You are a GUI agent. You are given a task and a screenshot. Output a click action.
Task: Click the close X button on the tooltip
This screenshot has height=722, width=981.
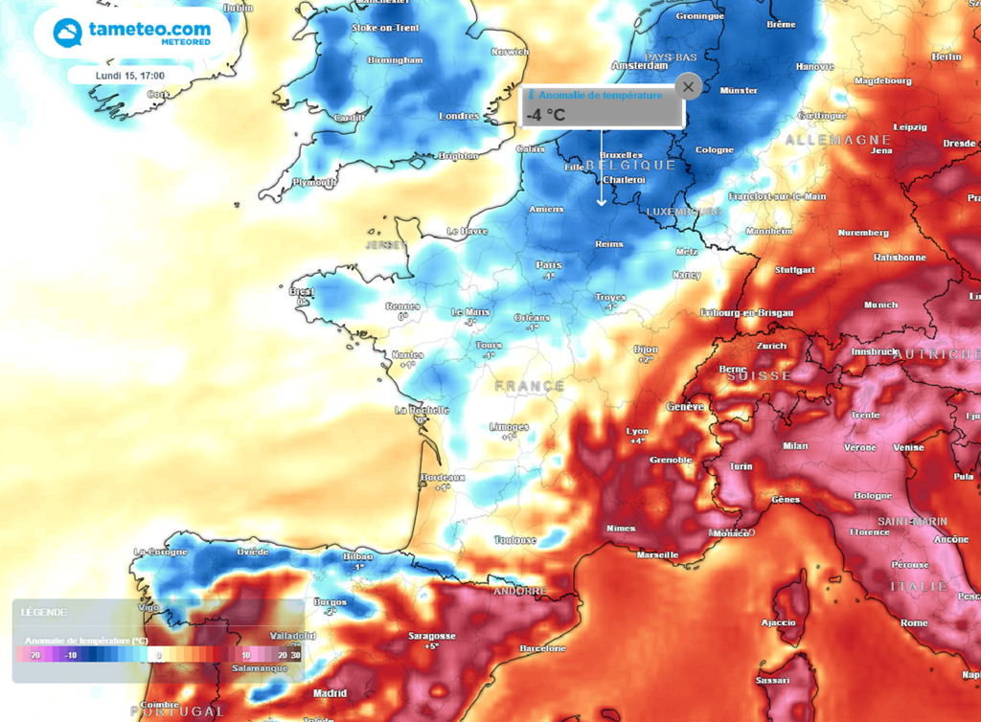point(688,87)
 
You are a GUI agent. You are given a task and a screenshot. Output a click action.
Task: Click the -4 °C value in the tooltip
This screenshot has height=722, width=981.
point(545,115)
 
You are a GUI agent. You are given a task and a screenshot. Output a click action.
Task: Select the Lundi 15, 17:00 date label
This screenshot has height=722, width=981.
point(130,76)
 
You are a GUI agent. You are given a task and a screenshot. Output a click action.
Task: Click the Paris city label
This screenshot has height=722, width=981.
point(549,265)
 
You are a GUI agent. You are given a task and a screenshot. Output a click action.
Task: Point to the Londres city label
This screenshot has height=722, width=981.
point(458,116)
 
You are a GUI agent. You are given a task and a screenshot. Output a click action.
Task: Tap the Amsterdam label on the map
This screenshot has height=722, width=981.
point(639,66)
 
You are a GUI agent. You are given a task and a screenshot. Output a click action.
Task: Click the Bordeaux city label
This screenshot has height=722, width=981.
point(443,477)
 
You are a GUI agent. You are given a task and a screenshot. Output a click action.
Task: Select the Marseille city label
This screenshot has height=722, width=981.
point(657,554)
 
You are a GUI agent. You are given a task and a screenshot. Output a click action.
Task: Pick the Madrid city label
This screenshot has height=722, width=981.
point(330,693)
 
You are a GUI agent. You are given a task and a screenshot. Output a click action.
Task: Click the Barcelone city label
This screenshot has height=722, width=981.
point(543,648)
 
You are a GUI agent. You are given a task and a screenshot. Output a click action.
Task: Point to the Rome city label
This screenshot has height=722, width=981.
point(914,622)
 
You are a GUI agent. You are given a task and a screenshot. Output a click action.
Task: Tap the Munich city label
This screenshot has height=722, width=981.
point(880,305)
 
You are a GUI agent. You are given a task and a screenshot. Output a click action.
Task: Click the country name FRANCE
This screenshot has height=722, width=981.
point(530,386)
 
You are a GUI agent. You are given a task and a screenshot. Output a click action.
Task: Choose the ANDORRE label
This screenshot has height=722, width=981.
point(518,591)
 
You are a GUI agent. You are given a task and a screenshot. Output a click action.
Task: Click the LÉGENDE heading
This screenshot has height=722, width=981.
point(44,612)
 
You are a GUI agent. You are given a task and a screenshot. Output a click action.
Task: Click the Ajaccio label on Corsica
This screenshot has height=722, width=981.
point(778,622)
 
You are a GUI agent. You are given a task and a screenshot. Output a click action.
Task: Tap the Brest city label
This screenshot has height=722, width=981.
point(302,291)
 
